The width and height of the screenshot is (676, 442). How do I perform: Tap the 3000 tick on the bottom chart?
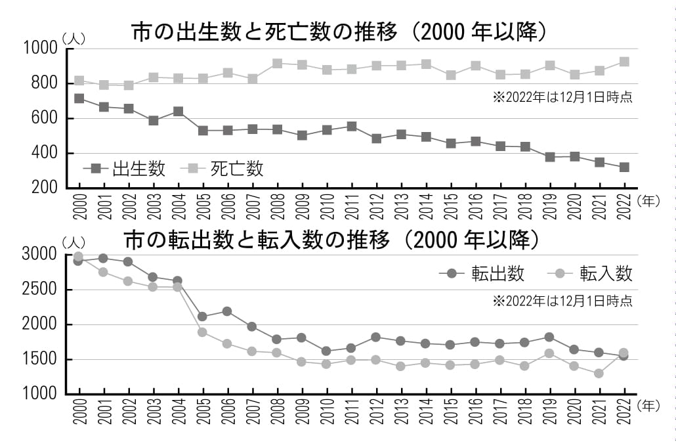[x=39, y=255]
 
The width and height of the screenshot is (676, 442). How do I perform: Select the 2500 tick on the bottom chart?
[x=39, y=290]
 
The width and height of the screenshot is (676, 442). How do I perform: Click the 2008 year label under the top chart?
[x=278, y=208]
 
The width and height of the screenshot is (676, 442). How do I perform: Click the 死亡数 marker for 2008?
[x=277, y=64]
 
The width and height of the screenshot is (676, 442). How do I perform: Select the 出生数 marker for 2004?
[x=178, y=111]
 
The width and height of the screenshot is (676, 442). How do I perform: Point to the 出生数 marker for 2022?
[x=624, y=167]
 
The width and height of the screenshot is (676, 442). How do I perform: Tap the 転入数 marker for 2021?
[x=599, y=374]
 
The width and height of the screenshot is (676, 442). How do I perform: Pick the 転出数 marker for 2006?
[x=227, y=311]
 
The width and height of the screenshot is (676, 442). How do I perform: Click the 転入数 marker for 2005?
[x=203, y=332]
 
